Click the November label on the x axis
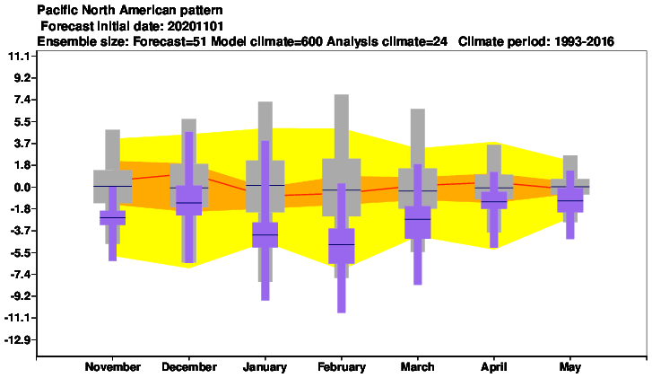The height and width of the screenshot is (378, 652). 113,366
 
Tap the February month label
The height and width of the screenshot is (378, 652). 342,366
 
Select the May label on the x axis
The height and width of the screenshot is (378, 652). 569,366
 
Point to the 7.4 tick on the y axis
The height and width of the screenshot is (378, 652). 19,100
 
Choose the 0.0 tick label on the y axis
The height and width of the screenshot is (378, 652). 19,187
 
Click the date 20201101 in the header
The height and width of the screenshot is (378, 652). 196,26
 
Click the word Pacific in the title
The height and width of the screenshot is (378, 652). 53,10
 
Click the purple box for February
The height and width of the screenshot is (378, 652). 342,246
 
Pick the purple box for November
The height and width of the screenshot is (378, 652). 113,217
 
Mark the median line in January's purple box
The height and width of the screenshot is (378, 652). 265,235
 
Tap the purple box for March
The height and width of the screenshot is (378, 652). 418,223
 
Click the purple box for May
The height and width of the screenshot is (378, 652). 570,200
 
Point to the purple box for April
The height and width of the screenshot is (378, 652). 494,200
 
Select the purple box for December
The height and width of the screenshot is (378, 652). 188,200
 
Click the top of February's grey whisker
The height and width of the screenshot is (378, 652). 342,95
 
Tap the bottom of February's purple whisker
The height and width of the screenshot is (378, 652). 342,312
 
